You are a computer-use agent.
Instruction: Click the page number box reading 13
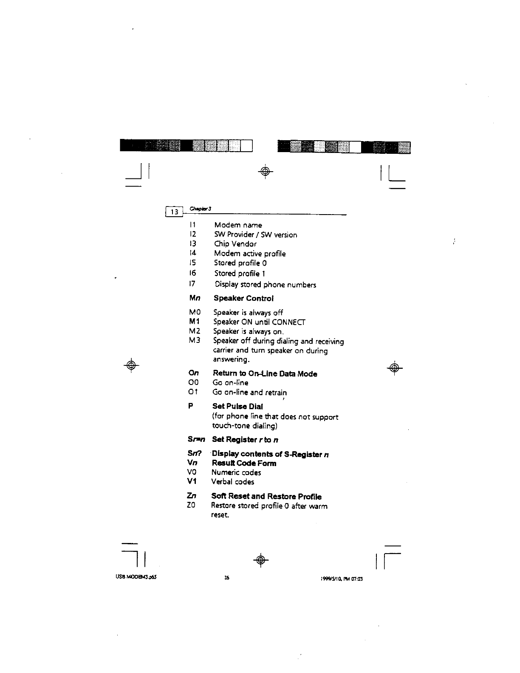pos(174,211)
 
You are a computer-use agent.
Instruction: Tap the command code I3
pos(192,244)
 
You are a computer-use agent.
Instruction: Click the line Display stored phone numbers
pos(265,285)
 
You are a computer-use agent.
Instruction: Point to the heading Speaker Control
pos(243,298)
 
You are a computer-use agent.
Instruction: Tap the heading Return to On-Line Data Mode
pos(265,374)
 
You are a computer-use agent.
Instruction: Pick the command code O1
pos(193,392)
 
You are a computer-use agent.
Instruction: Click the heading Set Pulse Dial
pos(237,406)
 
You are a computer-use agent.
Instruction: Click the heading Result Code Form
pos(244,463)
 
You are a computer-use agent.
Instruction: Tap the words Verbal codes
pos(233,482)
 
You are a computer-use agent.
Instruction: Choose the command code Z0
pos(191,506)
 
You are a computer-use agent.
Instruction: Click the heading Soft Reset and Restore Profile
pos(266,496)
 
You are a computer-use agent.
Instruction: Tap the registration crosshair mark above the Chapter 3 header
pos(265,171)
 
